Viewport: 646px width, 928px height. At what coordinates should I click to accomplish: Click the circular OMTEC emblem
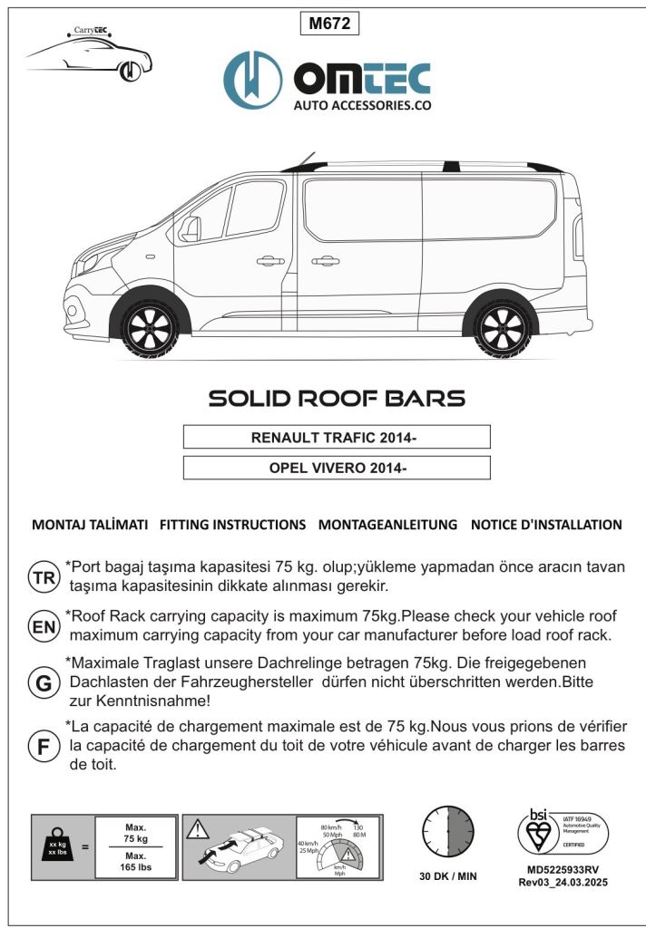pyautogui.click(x=254, y=80)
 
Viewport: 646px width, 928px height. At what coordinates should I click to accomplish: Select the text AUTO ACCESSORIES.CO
pyautogui.click(x=361, y=105)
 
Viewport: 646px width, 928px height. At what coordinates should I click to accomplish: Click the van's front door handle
pyautogui.click(x=269, y=261)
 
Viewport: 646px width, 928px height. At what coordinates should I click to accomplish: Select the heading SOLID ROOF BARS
pyautogui.click(x=337, y=399)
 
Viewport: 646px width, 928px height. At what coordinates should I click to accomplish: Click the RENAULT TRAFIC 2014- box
pyautogui.click(x=337, y=438)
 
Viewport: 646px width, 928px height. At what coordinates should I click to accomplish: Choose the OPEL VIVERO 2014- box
pyautogui.click(x=337, y=468)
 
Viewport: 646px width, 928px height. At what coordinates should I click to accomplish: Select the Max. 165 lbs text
pyautogui.click(x=136, y=861)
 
